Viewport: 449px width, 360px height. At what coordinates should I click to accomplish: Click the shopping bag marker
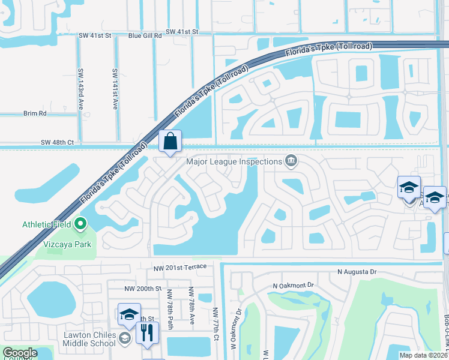(170, 142)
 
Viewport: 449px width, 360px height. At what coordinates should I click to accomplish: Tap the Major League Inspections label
(234, 161)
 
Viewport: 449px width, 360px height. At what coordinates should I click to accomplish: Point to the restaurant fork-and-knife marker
(147, 332)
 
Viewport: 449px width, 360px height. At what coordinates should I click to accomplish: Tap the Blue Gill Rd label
(145, 35)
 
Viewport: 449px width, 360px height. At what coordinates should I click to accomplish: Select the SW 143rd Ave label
(80, 88)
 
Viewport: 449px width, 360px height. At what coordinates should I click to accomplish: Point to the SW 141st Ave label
(114, 88)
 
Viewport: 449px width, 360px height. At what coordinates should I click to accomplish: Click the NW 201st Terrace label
(179, 266)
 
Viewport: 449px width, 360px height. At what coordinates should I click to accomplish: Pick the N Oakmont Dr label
(294, 285)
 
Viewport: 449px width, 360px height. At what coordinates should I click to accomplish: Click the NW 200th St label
(143, 289)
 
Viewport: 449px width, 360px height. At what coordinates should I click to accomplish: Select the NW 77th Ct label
(215, 325)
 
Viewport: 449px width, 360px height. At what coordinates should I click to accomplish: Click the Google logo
(20, 353)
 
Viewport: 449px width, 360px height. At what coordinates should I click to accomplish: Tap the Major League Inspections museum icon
(291, 160)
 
